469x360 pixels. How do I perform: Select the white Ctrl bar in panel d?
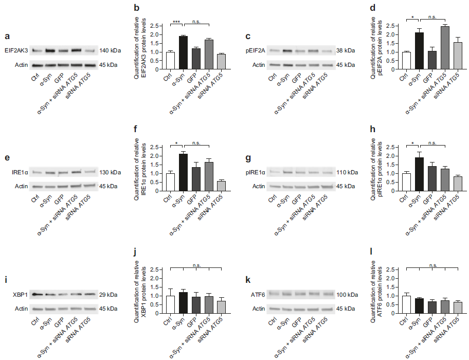point(406,61)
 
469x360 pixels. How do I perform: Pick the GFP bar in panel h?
point(432,178)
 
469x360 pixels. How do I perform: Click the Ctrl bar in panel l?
point(406,304)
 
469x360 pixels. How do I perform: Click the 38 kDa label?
point(346,51)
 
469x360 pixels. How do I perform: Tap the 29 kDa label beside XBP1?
point(108,295)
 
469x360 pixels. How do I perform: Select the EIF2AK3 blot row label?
point(16,50)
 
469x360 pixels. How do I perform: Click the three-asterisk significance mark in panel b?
point(176,22)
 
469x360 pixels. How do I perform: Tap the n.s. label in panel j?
point(196,266)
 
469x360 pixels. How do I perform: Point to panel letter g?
point(248,158)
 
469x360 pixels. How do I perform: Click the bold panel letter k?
point(248,280)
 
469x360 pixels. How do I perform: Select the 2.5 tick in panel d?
point(393,25)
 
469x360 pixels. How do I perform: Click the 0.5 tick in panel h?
point(393,183)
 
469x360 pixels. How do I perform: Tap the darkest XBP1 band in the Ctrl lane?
point(37,295)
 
